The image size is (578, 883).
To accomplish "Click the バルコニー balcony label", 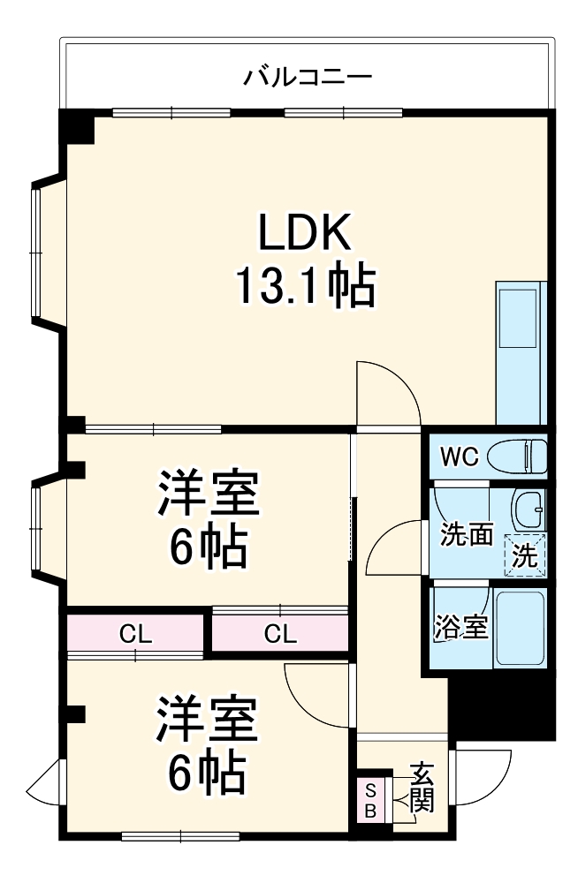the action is (308, 76).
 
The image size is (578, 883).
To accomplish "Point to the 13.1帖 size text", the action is (305, 285).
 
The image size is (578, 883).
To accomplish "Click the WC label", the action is (460, 457).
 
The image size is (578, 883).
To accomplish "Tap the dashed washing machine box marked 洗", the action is (525, 555).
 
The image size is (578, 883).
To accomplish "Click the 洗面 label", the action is (467, 534).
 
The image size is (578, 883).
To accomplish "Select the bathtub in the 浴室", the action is (520, 628).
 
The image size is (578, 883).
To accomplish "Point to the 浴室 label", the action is (460, 626).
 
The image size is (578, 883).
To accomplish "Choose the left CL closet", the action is (135, 634).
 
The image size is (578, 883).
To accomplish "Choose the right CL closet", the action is (280, 634).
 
